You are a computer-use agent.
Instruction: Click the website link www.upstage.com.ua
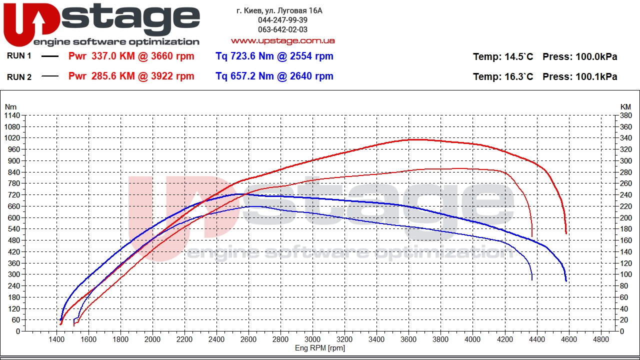tap(282, 40)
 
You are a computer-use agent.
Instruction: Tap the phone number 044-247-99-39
tap(282, 20)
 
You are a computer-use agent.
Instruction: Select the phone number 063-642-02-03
tap(282, 29)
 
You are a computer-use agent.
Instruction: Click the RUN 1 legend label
tap(19, 56)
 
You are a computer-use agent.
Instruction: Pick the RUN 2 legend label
tap(19, 76)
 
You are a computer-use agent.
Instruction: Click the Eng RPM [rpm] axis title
tap(320, 348)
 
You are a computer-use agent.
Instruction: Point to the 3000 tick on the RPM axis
tap(312, 339)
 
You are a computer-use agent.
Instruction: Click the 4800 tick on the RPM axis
tap(600, 339)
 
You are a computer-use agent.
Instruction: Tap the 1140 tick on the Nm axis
tap(12, 115)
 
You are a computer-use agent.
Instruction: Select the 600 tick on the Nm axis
tap(14, 217)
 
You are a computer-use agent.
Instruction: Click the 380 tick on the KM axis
tap(625, 115)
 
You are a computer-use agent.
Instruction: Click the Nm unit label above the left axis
tap(10, 106)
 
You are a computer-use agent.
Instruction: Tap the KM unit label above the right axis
tap(625, 106)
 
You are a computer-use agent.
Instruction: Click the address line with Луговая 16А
tap(279, 10)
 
